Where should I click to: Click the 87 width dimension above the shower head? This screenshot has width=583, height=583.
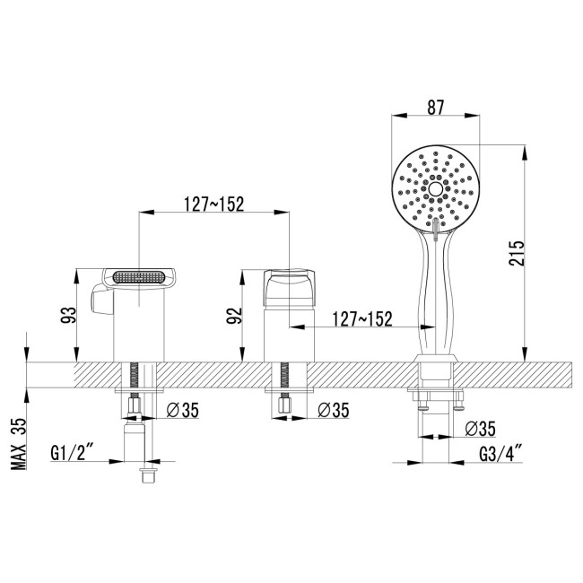436,106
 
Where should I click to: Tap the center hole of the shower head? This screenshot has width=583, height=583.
436,189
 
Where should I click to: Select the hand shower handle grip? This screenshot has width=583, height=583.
436,296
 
